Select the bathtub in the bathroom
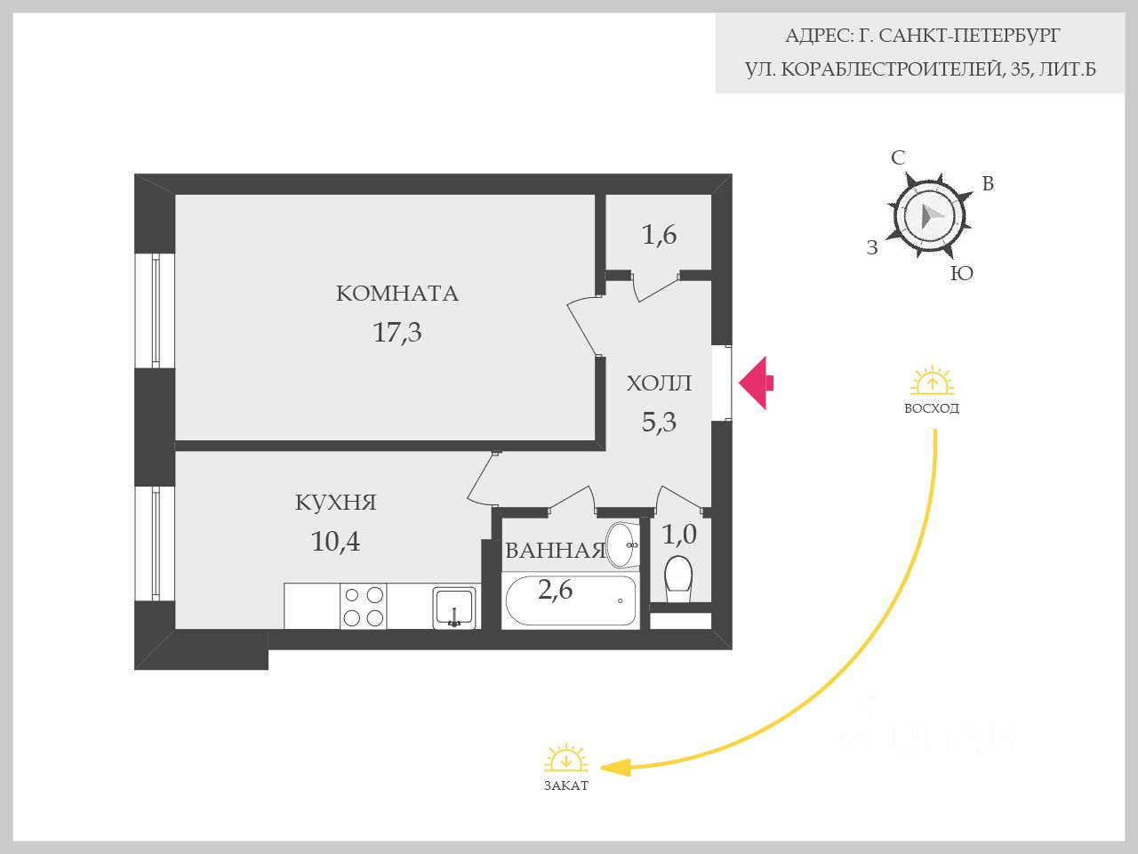pos(570,601)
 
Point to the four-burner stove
pos(364,606)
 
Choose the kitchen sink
pos(454,608)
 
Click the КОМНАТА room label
pos(397,294)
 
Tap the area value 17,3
pos(397,333)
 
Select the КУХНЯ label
pos(335,503)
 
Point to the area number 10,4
pos(335,541)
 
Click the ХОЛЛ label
pos(659,384)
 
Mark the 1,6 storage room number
pos(659,235)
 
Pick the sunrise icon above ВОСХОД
pos(932,383)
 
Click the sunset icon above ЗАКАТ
pos(565,760)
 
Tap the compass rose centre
pos(927,215)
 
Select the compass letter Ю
pos(962,274)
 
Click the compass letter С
pos(898,158)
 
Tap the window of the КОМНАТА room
pos(156,310)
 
